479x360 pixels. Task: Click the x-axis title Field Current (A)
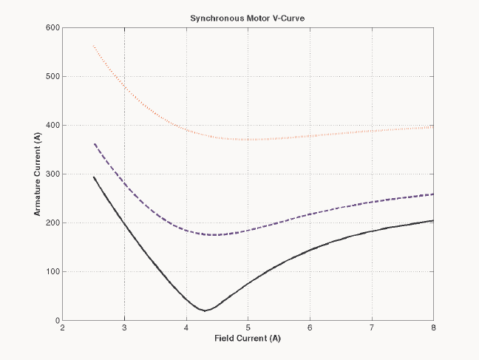click(x=248, y=339)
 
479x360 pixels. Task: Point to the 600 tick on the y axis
click(x=52, y=28)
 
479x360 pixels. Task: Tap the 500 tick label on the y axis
click(x=52, y=77)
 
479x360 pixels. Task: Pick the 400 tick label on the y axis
click(x=52, y=126)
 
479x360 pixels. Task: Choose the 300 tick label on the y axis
click(x=52, y=174)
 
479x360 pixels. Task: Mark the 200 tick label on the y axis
click(x=52, y=223)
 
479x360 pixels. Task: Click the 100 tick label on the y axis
click(x=52, y=272)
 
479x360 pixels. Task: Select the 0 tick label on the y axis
click(x=57, y=321)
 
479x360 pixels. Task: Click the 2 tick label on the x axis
click(x=63, y=328)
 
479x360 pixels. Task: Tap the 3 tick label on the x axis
click(x=125, y=328)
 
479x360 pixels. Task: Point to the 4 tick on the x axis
click(x=186, y=328)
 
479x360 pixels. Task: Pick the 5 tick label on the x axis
click(x=248, y=328)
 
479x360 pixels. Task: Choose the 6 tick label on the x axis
click(x=310, y=328)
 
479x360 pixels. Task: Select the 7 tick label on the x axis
click(x=372, y=328)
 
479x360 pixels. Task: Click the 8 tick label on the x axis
click(x=433, y=328)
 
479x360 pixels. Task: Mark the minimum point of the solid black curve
click(x=205, y=310)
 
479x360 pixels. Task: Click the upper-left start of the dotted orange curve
click(x=94, y=46)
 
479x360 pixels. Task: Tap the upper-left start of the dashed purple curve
click(x=94, y=143)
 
